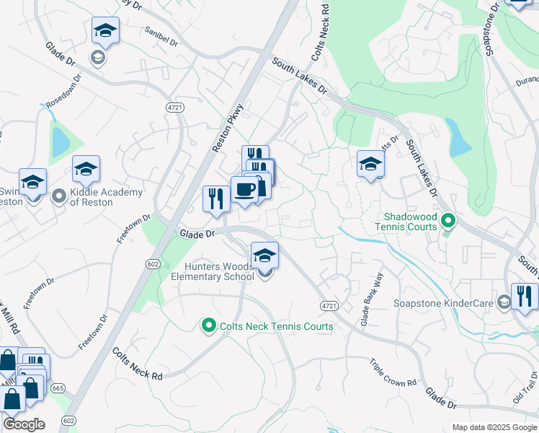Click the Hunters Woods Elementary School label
click(x=207, y=271)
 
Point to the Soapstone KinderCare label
click(x=443, y=303)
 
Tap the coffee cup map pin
click(x=244, y=191)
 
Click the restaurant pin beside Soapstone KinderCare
click(x=525, y=297)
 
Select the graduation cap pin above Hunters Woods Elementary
click(x=264, y=255)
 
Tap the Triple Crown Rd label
click(x=393, y=372)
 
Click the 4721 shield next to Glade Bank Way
click(x=329, y=307)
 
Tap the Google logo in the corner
click(x=24, y=424)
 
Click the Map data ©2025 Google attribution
click(x=494, y=427)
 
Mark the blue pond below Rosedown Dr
click(x=60, y=140)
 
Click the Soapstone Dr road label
click(x=491, y=30)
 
